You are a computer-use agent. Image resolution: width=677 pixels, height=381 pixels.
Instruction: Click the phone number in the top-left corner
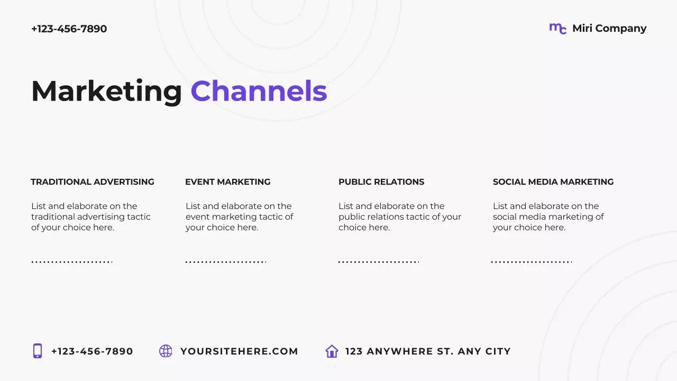[69, 29]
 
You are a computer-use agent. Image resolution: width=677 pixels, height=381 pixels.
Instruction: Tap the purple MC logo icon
[557, 29]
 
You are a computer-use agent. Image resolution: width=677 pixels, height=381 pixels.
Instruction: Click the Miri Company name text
[609, 29]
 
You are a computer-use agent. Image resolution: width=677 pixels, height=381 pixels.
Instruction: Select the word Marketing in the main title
[106, 91]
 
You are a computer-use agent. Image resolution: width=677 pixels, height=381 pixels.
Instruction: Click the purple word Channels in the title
[259, 91]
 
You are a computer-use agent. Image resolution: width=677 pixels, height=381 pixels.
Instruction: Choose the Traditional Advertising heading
[93, 182]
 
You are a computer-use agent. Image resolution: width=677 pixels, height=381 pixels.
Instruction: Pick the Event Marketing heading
[227, 182]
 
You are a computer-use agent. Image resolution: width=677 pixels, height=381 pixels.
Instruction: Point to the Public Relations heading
[381, 182]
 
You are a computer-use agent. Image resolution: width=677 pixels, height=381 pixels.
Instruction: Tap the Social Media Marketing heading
[553, 182]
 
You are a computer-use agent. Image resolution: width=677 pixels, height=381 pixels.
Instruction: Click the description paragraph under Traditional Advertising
[91, 217]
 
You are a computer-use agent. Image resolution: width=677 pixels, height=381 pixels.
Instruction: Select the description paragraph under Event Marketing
[239, 217]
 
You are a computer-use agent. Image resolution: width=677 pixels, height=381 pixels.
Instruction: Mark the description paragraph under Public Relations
[400, 217]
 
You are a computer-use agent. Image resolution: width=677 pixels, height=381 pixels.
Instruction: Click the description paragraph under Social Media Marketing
[548, 217]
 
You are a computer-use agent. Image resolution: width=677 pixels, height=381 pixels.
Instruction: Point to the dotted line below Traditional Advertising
[71, 262]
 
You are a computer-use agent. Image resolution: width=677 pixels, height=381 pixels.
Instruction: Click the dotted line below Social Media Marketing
[532, 262]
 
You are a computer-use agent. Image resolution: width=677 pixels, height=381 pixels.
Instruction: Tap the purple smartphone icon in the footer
[38, 351]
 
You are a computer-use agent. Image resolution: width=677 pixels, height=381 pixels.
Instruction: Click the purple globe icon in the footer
[166, 351]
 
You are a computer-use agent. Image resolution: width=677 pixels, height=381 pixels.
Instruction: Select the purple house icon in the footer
[332, 351]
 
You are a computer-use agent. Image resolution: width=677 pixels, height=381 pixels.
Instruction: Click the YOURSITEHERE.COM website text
[239, 351]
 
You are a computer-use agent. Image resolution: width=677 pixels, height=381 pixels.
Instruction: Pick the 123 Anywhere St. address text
[428, 351]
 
